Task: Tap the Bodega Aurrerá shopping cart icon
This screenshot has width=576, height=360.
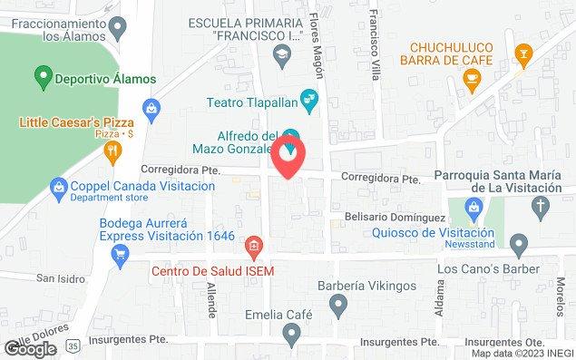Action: click(119, 257)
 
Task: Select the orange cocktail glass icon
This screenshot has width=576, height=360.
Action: click(522, 54)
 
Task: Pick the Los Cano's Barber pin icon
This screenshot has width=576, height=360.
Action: click(519, 242)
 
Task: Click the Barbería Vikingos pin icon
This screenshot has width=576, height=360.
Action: click(337, 307)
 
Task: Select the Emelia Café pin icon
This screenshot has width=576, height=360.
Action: click(290, 336)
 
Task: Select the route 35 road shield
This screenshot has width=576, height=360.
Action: click(72, 346)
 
